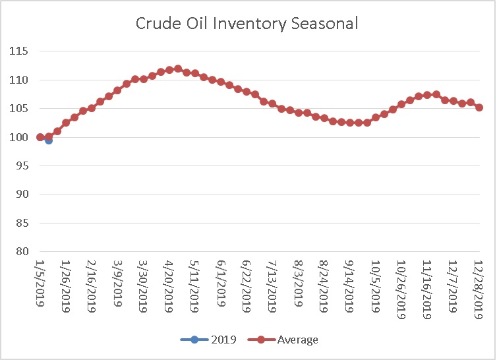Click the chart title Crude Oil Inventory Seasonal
248,23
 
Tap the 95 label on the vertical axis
22,165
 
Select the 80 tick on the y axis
22,251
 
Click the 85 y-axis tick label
22,223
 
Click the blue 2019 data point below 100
49,140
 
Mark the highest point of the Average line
178,69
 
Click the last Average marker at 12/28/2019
479,107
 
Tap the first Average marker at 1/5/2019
40,137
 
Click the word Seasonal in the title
328,23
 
